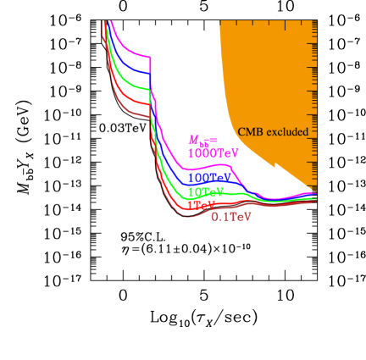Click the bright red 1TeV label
[x=201, y=205]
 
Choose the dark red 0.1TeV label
[x=230, y=217]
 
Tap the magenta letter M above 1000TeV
[x=193, y=140]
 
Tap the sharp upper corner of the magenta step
[x=151, y=57]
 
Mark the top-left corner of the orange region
[x=219, y=22]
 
